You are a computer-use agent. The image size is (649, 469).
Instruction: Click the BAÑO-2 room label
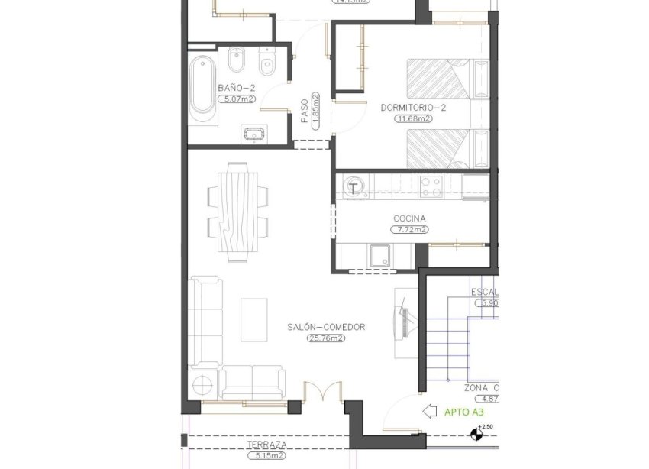click(236, 88)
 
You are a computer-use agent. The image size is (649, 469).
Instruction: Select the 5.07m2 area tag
click(236, 99)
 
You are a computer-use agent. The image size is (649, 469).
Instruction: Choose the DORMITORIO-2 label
click(413, 108)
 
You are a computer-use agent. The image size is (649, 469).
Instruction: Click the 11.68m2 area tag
click(413, 118)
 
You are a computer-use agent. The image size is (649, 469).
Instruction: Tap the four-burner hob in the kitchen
click(431, 187)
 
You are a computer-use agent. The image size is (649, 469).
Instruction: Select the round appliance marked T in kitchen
click(354, 186)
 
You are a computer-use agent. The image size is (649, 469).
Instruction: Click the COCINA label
click(409, 218)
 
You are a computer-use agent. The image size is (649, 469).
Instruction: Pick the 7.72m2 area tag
click(409, 228)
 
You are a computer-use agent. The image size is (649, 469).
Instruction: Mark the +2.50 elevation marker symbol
click(478, 436)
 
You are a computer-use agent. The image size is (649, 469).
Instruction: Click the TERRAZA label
click(266, 445)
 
